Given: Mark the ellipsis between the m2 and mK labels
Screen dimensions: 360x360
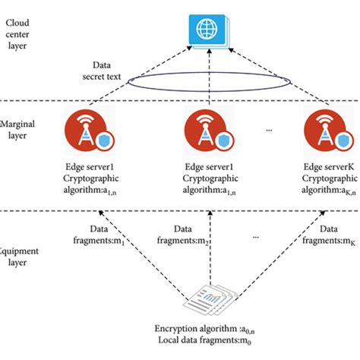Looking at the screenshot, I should pyautogui.click(x=257, y=236).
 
